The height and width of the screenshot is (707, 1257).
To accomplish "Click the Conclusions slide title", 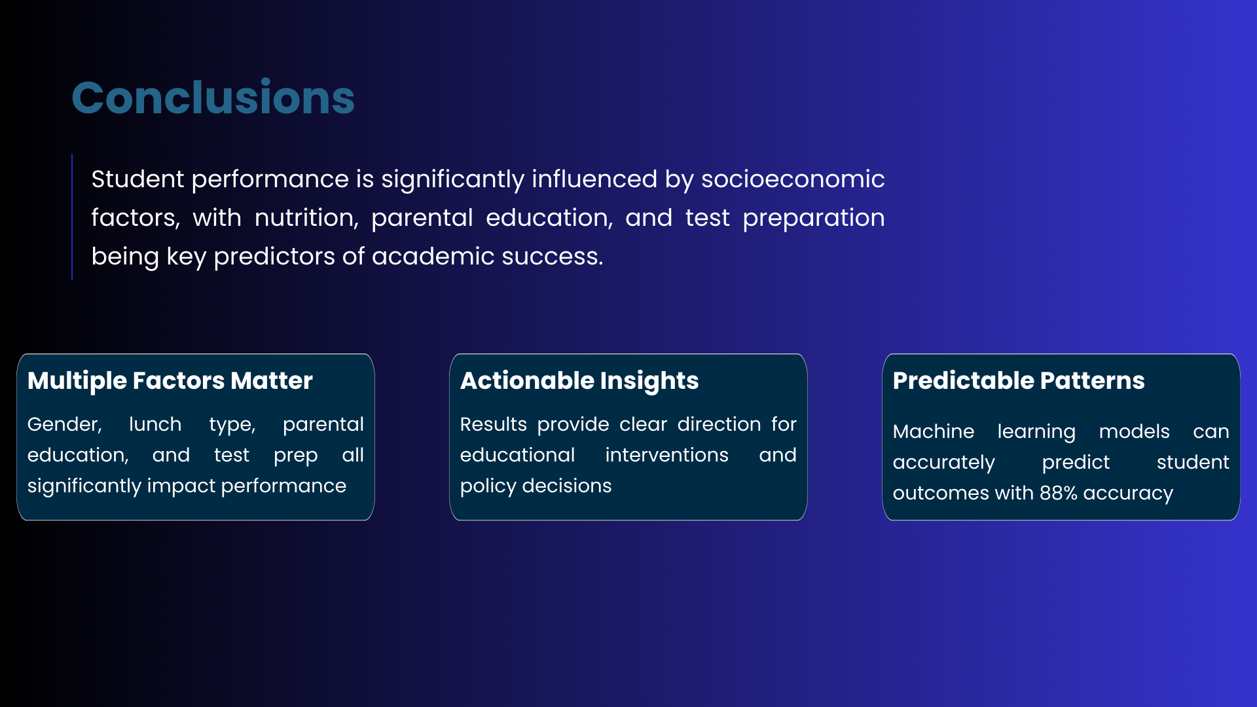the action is coord(213,98).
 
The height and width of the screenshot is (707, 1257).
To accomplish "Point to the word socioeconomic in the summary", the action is coord(793,179).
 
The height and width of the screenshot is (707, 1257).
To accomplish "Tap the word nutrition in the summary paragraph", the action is coord(306,218).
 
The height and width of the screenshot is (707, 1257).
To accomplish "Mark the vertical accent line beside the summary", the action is coord(72,217).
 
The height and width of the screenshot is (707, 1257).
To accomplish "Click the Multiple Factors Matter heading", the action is coord(170,381).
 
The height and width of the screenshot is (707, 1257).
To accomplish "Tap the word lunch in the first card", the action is coord(155,424).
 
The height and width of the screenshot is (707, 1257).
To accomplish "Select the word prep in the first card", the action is coord(296,456).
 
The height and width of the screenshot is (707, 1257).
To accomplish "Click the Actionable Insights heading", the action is coord(579,381).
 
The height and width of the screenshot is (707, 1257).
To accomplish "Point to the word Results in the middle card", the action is coord(494,424).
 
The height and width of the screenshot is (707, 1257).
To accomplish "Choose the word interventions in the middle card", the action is coord(666,455).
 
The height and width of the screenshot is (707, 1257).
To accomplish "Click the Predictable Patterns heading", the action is coord(1019,381).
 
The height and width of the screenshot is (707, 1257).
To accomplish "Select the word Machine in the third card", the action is coord(934,431).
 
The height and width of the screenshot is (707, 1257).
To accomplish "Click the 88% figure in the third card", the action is coord(1058,493).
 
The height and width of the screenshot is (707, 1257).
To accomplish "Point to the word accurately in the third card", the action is coord(944,463).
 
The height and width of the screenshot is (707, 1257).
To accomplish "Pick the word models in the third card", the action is coord(1135,431).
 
